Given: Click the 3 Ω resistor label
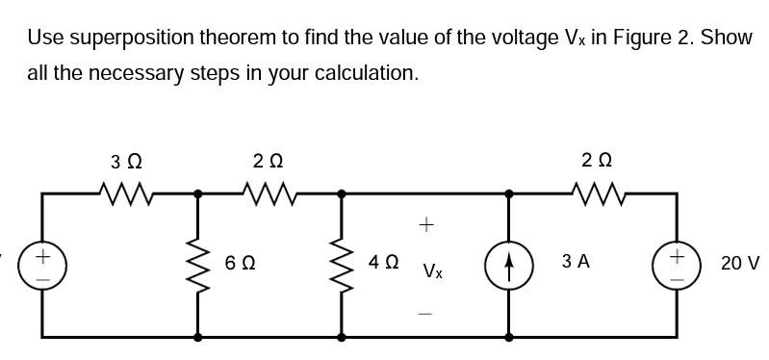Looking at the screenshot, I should pos(128,160).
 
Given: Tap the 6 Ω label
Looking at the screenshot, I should pos(241,262).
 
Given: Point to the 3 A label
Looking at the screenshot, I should pos(577,262).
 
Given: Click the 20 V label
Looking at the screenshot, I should pos(740,263).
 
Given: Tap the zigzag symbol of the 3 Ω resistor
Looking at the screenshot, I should pos(128,196).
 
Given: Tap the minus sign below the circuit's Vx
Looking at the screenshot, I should pos(427,313).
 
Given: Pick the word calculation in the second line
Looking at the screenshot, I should pos(372,74).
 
